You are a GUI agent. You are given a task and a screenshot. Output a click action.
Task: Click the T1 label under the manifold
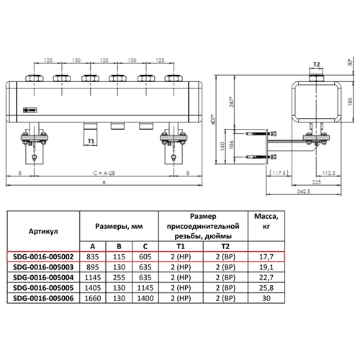(x=91, y=141)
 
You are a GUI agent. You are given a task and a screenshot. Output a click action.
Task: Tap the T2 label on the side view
(x=317, y=64)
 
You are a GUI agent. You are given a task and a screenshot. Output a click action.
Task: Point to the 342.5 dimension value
(x=304, y=192)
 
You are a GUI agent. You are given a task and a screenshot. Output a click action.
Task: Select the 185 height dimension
(x=350, y=101)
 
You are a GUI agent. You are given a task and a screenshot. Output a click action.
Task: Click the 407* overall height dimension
(x=214, y=120)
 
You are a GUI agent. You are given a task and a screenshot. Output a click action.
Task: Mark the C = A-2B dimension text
(x=104, y=173)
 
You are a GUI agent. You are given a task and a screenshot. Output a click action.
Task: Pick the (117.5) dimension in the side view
(x=279, y=173)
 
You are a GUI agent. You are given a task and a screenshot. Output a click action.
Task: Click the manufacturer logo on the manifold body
(x=30, y=110)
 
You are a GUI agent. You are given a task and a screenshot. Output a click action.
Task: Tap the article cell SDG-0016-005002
(x=43, y=257)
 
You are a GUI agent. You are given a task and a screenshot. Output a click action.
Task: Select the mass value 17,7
(x=266, y=257)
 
